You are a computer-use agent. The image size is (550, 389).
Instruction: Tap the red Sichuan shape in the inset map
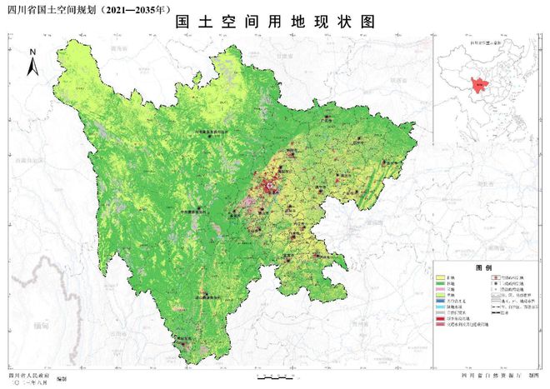[x=479, y=83]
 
